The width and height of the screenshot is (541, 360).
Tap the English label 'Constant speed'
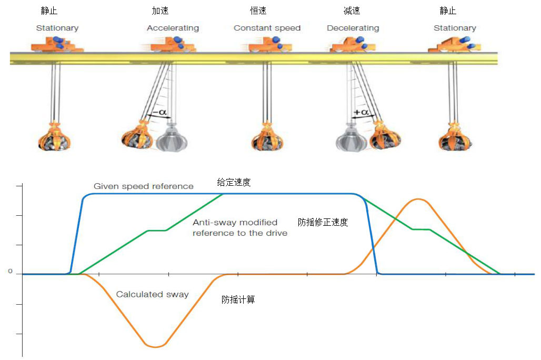[x=267, y=28]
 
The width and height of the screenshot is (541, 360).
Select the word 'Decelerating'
[x=353, y=28]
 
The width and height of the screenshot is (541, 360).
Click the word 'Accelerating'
[x=173, y=28]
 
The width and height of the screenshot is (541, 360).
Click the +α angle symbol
[x=362, y=113]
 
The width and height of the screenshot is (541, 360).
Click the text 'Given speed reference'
[x=143, y=186]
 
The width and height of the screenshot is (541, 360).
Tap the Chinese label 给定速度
[x=234, y=183]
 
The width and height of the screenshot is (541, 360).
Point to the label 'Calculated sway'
[x=152, y=294]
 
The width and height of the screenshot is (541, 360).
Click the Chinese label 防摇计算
[x=238, y=299]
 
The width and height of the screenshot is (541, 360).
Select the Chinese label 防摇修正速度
[x=323, y=222]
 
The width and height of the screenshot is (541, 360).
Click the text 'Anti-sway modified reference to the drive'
[x=239, y=227]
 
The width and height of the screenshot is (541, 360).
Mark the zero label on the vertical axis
[x=9, y=272]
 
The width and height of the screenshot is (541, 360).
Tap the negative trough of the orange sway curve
[x=155, y=346]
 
